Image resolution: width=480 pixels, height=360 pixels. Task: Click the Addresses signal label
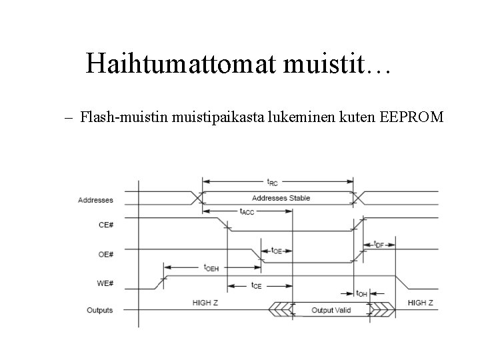tap(95, 200)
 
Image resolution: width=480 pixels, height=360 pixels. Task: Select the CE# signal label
tap(105, 225)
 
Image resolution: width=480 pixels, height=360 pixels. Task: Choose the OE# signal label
tap(105, 254)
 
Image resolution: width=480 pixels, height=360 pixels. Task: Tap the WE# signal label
tap(105, 283)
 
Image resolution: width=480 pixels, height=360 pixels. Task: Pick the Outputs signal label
tap(100, 310)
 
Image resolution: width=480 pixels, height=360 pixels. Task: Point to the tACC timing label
tap(246, 211)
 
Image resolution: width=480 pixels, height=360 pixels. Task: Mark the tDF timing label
tap(379, 244)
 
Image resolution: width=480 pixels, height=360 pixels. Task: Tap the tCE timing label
tap(255, 286)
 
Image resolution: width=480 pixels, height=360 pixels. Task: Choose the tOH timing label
tap(361, 293)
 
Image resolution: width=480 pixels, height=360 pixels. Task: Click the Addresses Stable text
tap(281, 198)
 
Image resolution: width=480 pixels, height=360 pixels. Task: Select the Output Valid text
tap(331, 310)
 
